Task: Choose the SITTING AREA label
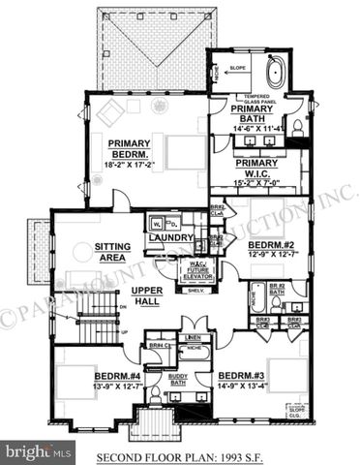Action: tap(114, 253)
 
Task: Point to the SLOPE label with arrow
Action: tap(238, 68)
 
